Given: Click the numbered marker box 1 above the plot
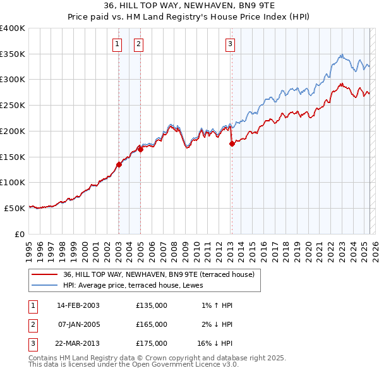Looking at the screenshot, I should pyautogui.click(x=117, y=44).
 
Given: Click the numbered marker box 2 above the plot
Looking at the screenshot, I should pyautogui.click(x=138, y=44).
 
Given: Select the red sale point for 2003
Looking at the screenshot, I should pyautogui.click(x=119, y=164).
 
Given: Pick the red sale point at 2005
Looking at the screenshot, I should pyautogui.click(x=140, y=149).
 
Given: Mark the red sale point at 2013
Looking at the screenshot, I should pyautogui.click(x=232, y=144).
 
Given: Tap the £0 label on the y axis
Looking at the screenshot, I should pyautogui.click(x=19, y=233).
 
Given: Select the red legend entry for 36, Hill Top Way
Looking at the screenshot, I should pyautogui.click(x=159, y=274).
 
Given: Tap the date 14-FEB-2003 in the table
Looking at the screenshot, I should pyautogui.click(x=78, y=305).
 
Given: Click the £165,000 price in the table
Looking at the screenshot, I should pyautogui.click(x=152, y=324).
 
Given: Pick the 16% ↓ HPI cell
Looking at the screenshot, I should pyautogui.click(x=215, y=343).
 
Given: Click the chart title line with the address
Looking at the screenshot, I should pyautogui.click(x=189, y=6).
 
